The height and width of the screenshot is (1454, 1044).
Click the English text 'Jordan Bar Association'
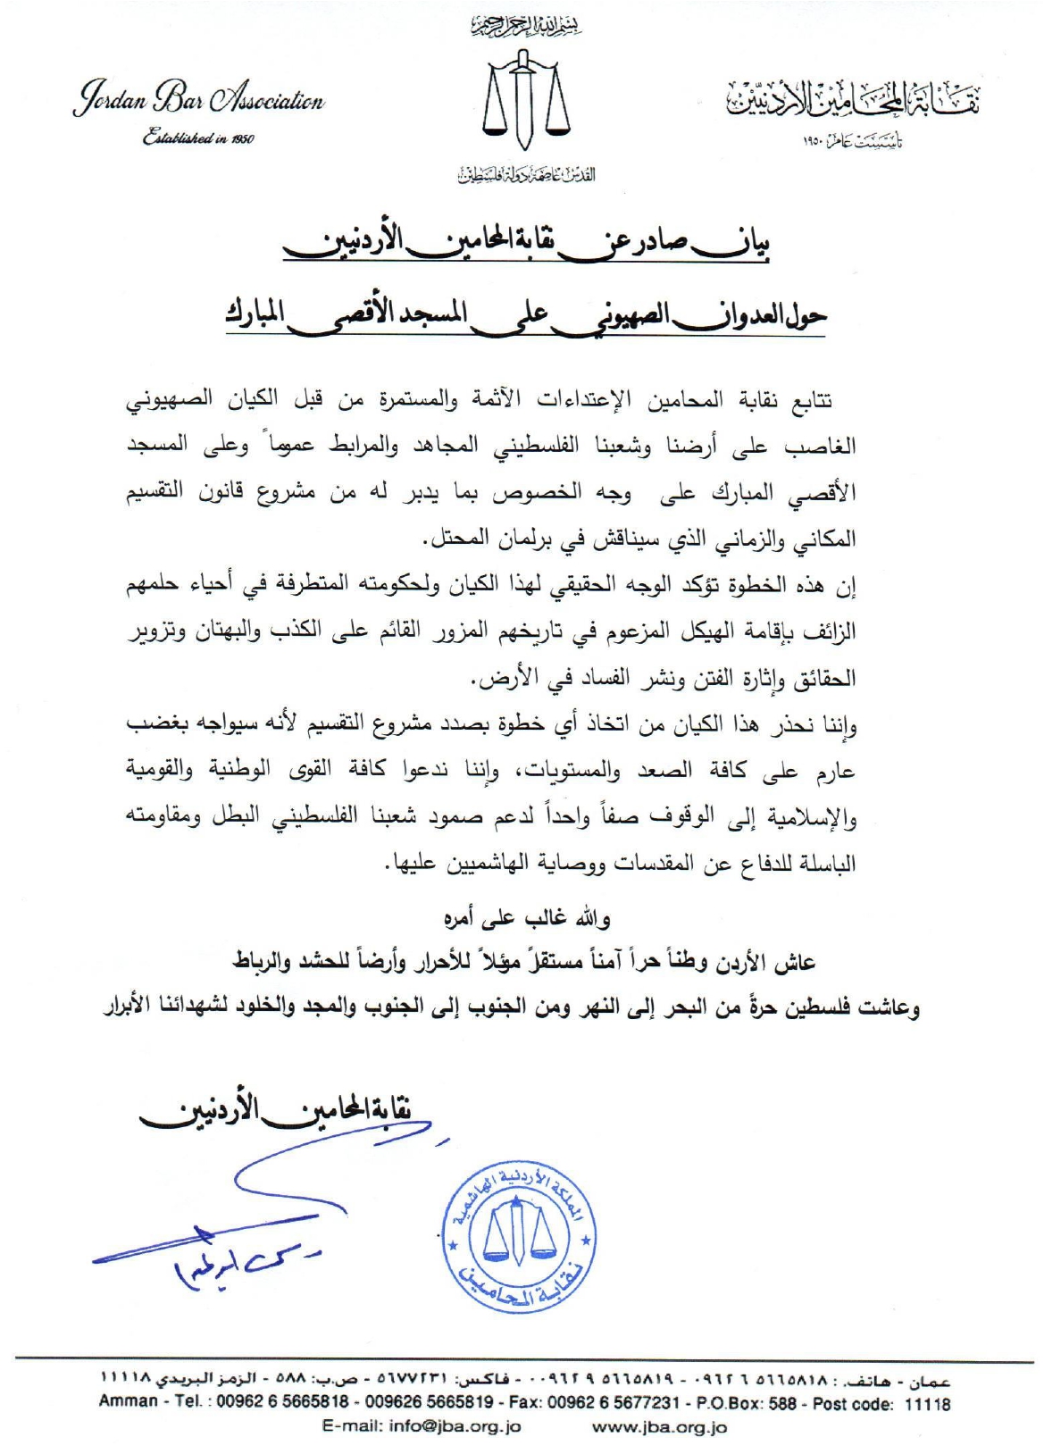[x=198, y=102]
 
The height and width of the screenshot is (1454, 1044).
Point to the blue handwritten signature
[x=214, y=1233]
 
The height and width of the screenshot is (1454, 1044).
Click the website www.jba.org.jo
[x=659, y=1427]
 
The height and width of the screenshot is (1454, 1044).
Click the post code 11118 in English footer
[x=927, y=1403]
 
